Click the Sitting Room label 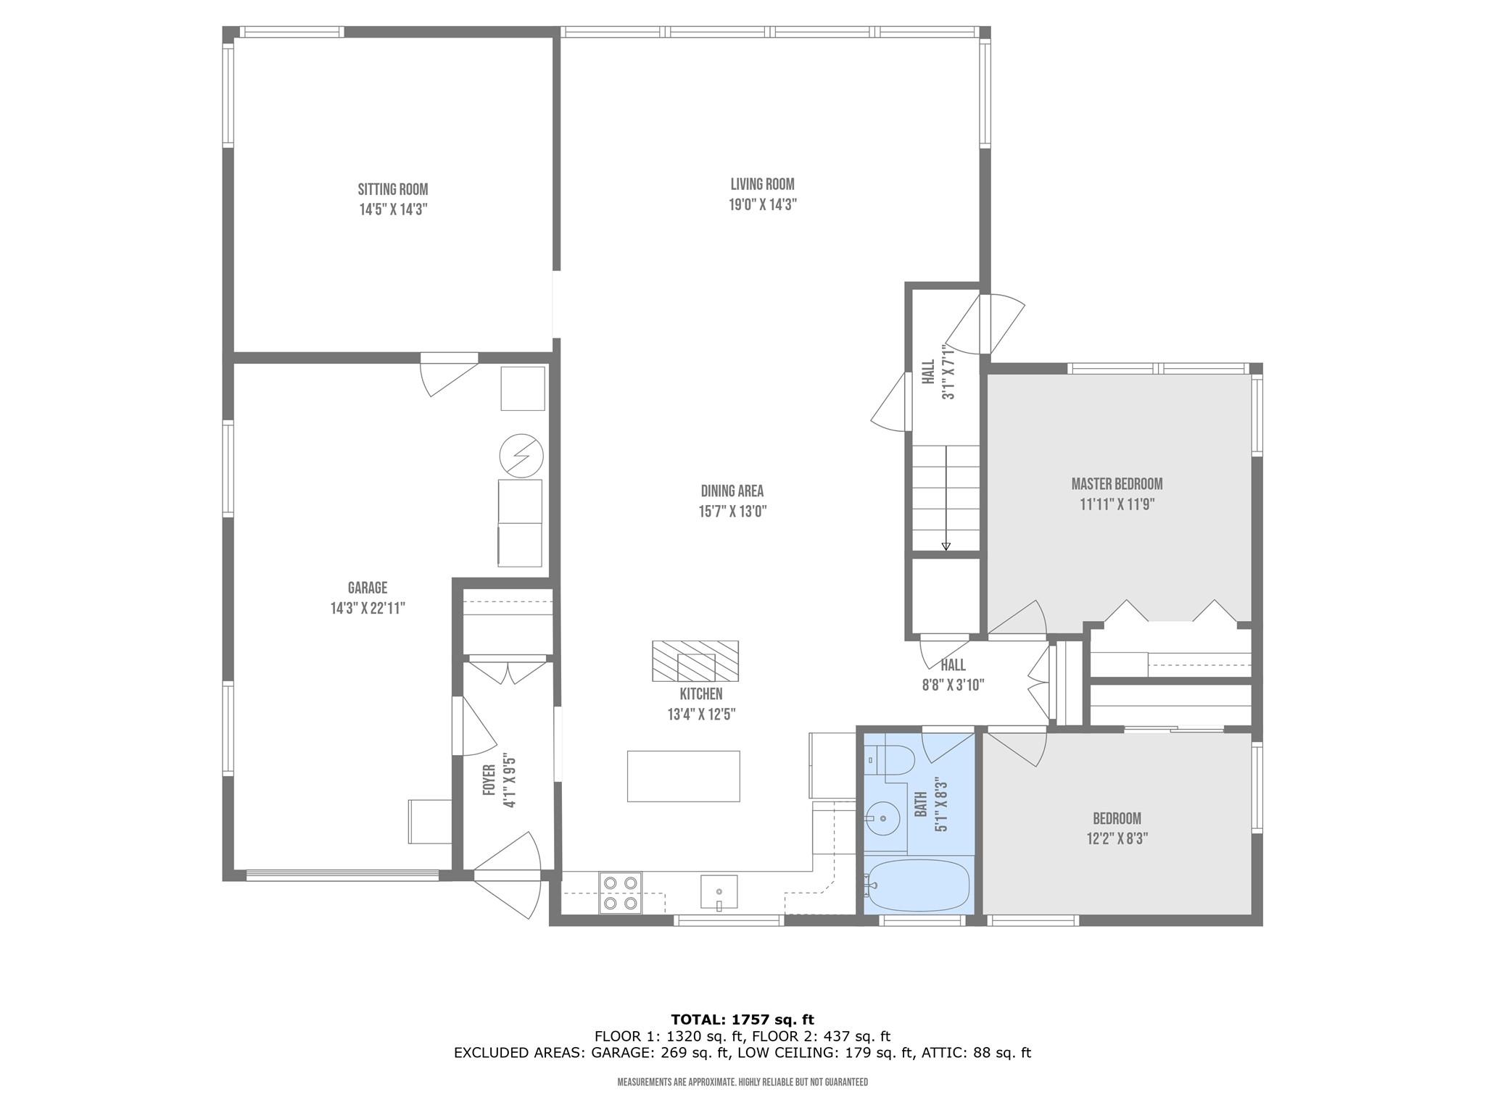392,190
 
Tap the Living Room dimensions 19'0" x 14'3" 762,205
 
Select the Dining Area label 732,491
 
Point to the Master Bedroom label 1117,484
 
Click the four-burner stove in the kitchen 620,893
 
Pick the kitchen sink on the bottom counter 719,891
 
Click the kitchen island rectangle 683,776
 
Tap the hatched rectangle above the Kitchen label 695,661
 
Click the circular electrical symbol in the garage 521,456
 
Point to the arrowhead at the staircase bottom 946,547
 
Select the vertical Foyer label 489,780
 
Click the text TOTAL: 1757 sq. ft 742,1020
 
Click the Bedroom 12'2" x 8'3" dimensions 1117,839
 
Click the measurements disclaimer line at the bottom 742,1083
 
